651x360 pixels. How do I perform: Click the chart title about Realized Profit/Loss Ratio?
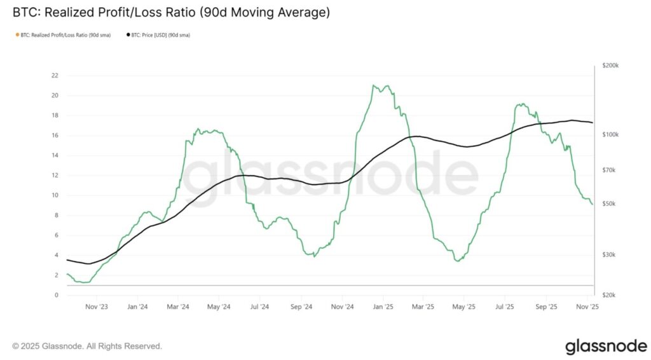[171, 12]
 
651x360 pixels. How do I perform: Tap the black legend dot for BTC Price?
[128, 35]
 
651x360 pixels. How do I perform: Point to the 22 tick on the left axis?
[55, 76]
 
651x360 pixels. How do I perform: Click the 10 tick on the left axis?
[55, 195]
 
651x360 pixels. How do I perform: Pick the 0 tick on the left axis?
[56, 295]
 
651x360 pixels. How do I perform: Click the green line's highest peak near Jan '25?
[375, 85]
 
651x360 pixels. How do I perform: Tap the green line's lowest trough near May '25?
[458, 261]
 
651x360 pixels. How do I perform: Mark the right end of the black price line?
[593, 123]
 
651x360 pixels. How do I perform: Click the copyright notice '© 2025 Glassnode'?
[87, 346]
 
